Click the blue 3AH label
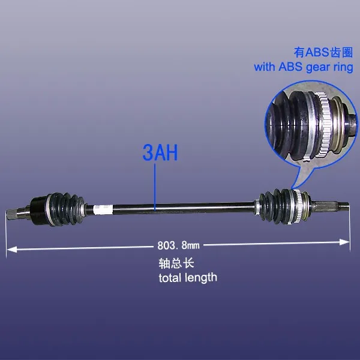(160, 152)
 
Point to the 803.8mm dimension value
(178, 245)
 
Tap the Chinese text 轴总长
(173, 263)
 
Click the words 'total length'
(187, 277)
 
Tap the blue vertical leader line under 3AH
(155, 186)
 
